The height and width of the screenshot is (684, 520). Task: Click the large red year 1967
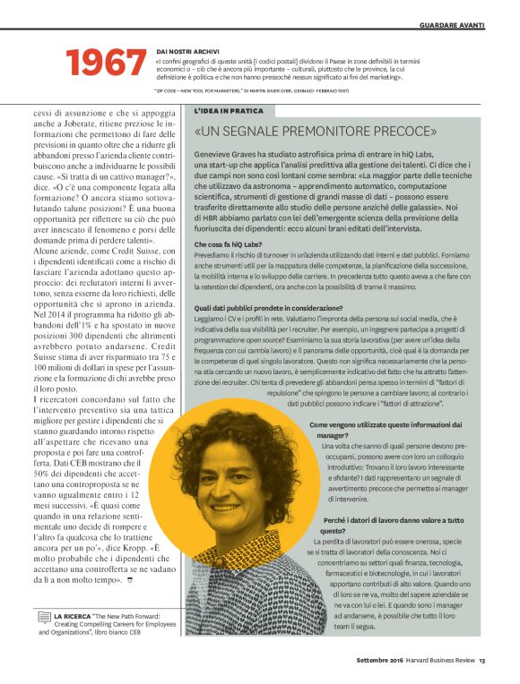click(107, 63)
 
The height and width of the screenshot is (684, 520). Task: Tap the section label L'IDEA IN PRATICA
click(230, 110)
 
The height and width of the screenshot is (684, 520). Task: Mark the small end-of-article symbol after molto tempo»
click(131, 581)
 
